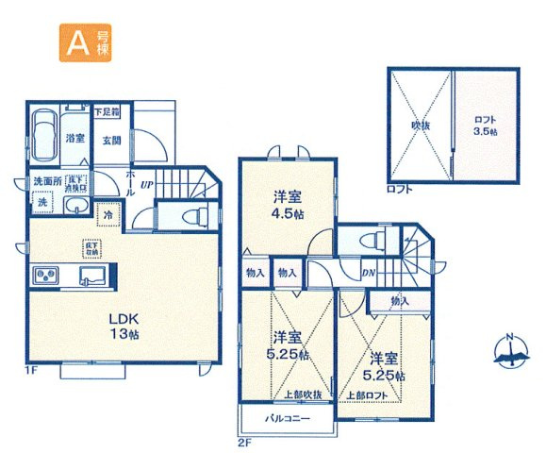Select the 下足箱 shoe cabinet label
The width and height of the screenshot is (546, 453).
point(107,112)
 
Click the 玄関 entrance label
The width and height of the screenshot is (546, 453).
point(111,140)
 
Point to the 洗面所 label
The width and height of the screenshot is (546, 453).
point(46,181)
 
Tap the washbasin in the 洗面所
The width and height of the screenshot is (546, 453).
point(75,208)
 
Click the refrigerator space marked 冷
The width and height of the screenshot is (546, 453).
point(109,213)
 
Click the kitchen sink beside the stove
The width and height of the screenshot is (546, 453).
point(91,276)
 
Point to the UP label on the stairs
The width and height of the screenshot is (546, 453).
point(147,186)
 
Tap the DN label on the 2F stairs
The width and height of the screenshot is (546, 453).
point(369,273)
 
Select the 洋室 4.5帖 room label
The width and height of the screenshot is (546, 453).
point(288,206)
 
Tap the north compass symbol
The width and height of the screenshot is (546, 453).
point(510,352)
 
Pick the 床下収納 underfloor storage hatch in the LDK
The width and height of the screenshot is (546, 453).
point(91,248)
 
